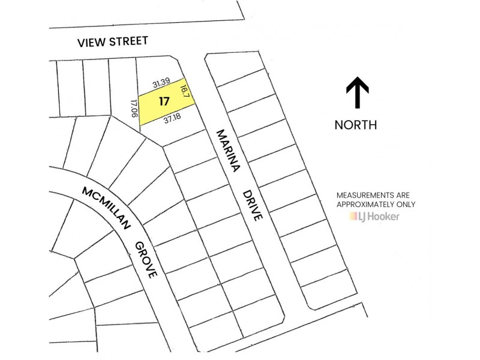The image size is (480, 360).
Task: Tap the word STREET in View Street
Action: pyautogui.click(x=128, y=41)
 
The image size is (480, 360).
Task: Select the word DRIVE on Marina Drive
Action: pyautogui.click(x=253, y=206)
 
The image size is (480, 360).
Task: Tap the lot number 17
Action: pyautogui.click(x=163, y=101)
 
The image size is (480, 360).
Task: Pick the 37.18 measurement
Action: pyautogui.click(x=172, y=119)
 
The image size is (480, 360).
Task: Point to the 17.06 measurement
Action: pyautogui.click(x=134, y=108)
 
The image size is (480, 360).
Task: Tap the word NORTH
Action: pyautogui.click(x=356, y=125)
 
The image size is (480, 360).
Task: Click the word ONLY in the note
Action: pyautogui.click(x=406, y=204)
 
